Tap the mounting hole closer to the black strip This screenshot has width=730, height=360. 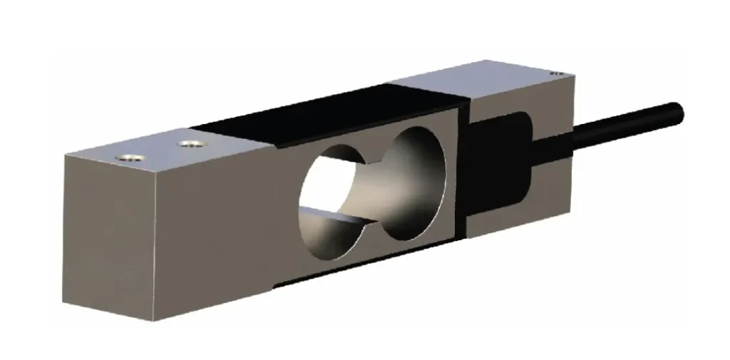coord(189,143)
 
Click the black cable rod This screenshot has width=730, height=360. coord(620,123)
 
